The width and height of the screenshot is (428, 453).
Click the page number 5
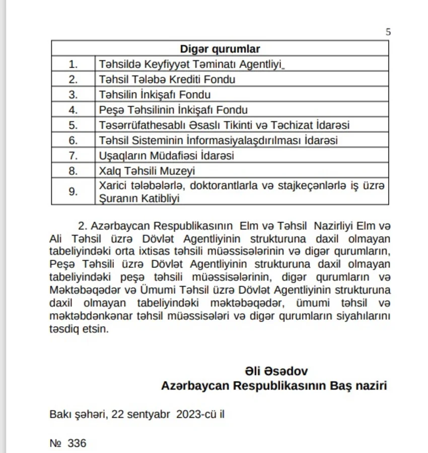[388, 32]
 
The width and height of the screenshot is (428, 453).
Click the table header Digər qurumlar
[220, 49]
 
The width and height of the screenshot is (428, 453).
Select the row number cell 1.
[74, 64]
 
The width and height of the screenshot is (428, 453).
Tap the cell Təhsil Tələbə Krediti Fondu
[167, 80]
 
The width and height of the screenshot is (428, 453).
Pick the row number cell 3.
[74, 95]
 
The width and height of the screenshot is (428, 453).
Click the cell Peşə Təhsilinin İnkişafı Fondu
[173, 110]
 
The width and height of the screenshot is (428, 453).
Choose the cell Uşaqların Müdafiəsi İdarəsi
[167, 156]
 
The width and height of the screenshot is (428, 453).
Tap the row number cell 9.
[74, 191]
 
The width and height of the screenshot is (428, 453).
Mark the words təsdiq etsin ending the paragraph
[79, 329]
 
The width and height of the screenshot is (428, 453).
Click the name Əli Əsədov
[276, 371]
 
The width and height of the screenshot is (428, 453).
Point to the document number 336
[77, 443]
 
